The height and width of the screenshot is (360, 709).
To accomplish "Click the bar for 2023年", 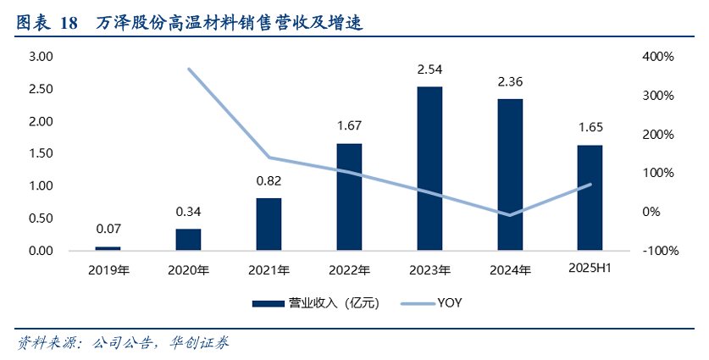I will pyautogui.click(x=429, y=169).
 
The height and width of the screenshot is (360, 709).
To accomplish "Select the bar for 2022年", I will pyautogui.click(x=349, y=197).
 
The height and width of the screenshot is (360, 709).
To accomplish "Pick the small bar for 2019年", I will pyautogui.click(x=108, y=248).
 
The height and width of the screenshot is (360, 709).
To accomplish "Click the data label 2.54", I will pyautogui.click(x=429, y=69).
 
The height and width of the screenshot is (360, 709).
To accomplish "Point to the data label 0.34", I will pyautogui.click(x=188, y=212).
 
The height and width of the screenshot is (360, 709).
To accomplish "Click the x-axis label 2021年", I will pyautogui.click(x=269, y=271).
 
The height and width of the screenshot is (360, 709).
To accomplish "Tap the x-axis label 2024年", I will pyautogui.click(x=510, y=271).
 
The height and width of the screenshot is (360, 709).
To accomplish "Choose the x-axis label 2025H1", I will pyautogui.click(x=590, y=269).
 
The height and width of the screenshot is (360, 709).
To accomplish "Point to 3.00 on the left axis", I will pyautogui.click(x=41, y=57).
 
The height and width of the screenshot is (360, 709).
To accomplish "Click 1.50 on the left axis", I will pyautogui.click(x=41, y=153).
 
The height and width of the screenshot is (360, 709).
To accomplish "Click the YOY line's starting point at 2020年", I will pyautogui.click(x=189, y=69).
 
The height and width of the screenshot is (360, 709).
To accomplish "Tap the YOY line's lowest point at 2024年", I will pyautogui.click(x=510, y=215).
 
